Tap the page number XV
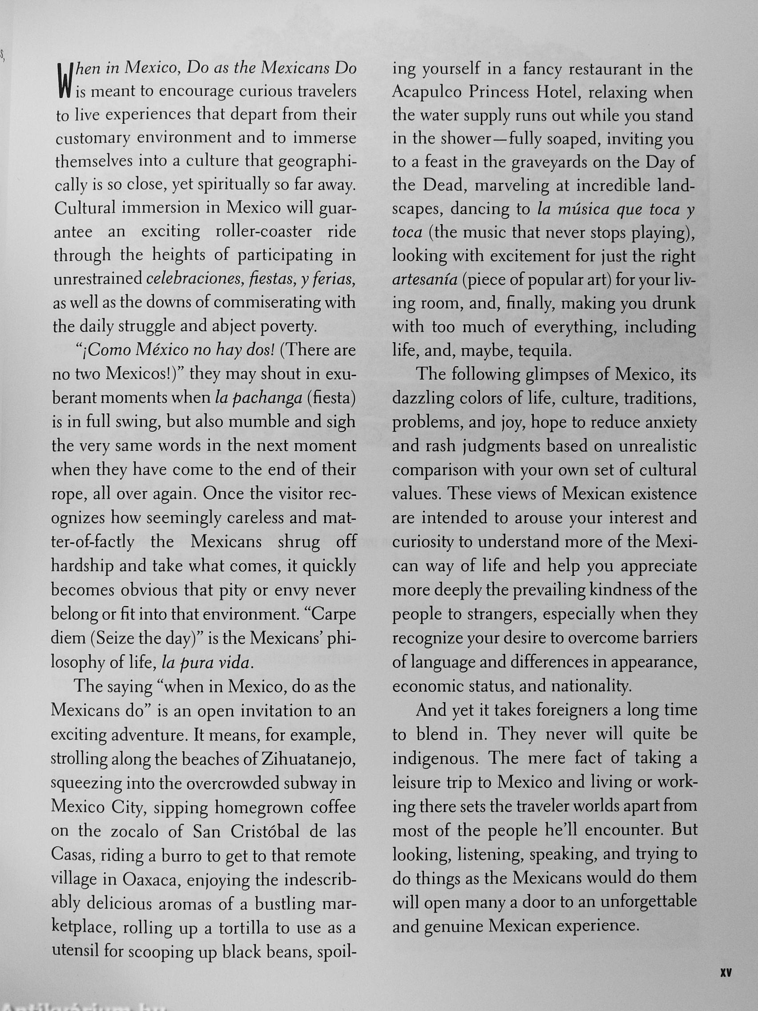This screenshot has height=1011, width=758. pyautogui.click(x=726, y=970)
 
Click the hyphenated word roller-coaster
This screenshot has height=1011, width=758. pyautogui.click(x=264, y=232)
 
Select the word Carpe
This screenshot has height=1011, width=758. pyautogui.click(x=333, y=614)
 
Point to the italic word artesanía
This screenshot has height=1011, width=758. pyautogui.click(x=425, y=279)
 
